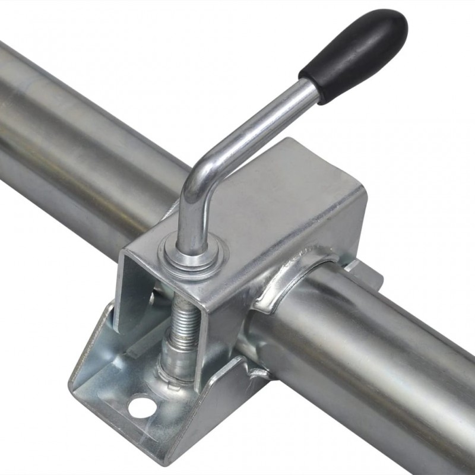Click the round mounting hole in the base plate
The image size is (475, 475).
[x=141, y=407]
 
